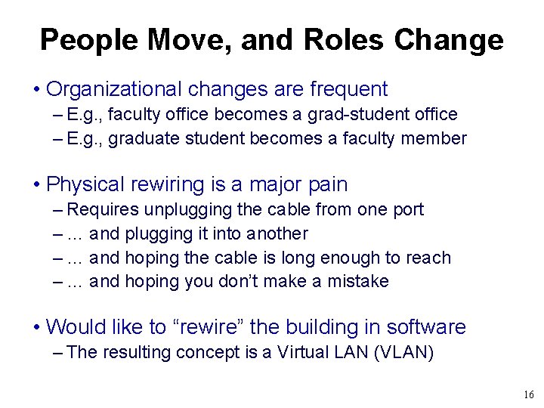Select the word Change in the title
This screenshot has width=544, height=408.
(456, 39)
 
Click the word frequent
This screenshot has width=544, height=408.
(348, 89)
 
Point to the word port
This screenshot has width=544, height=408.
(410, 210)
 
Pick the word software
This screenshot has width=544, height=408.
(426, 327)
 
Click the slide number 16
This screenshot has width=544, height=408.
(527, 395)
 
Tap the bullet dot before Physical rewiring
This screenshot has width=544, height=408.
(37, 185)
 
